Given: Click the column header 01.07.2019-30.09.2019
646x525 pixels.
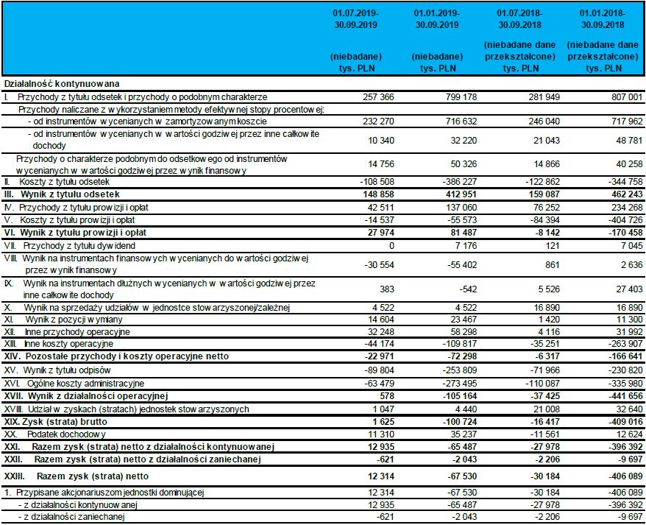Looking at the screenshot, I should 355,18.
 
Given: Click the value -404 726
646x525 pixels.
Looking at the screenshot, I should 622,220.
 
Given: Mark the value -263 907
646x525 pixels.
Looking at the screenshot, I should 622,344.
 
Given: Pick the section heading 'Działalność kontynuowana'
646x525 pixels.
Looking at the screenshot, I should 62,84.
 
